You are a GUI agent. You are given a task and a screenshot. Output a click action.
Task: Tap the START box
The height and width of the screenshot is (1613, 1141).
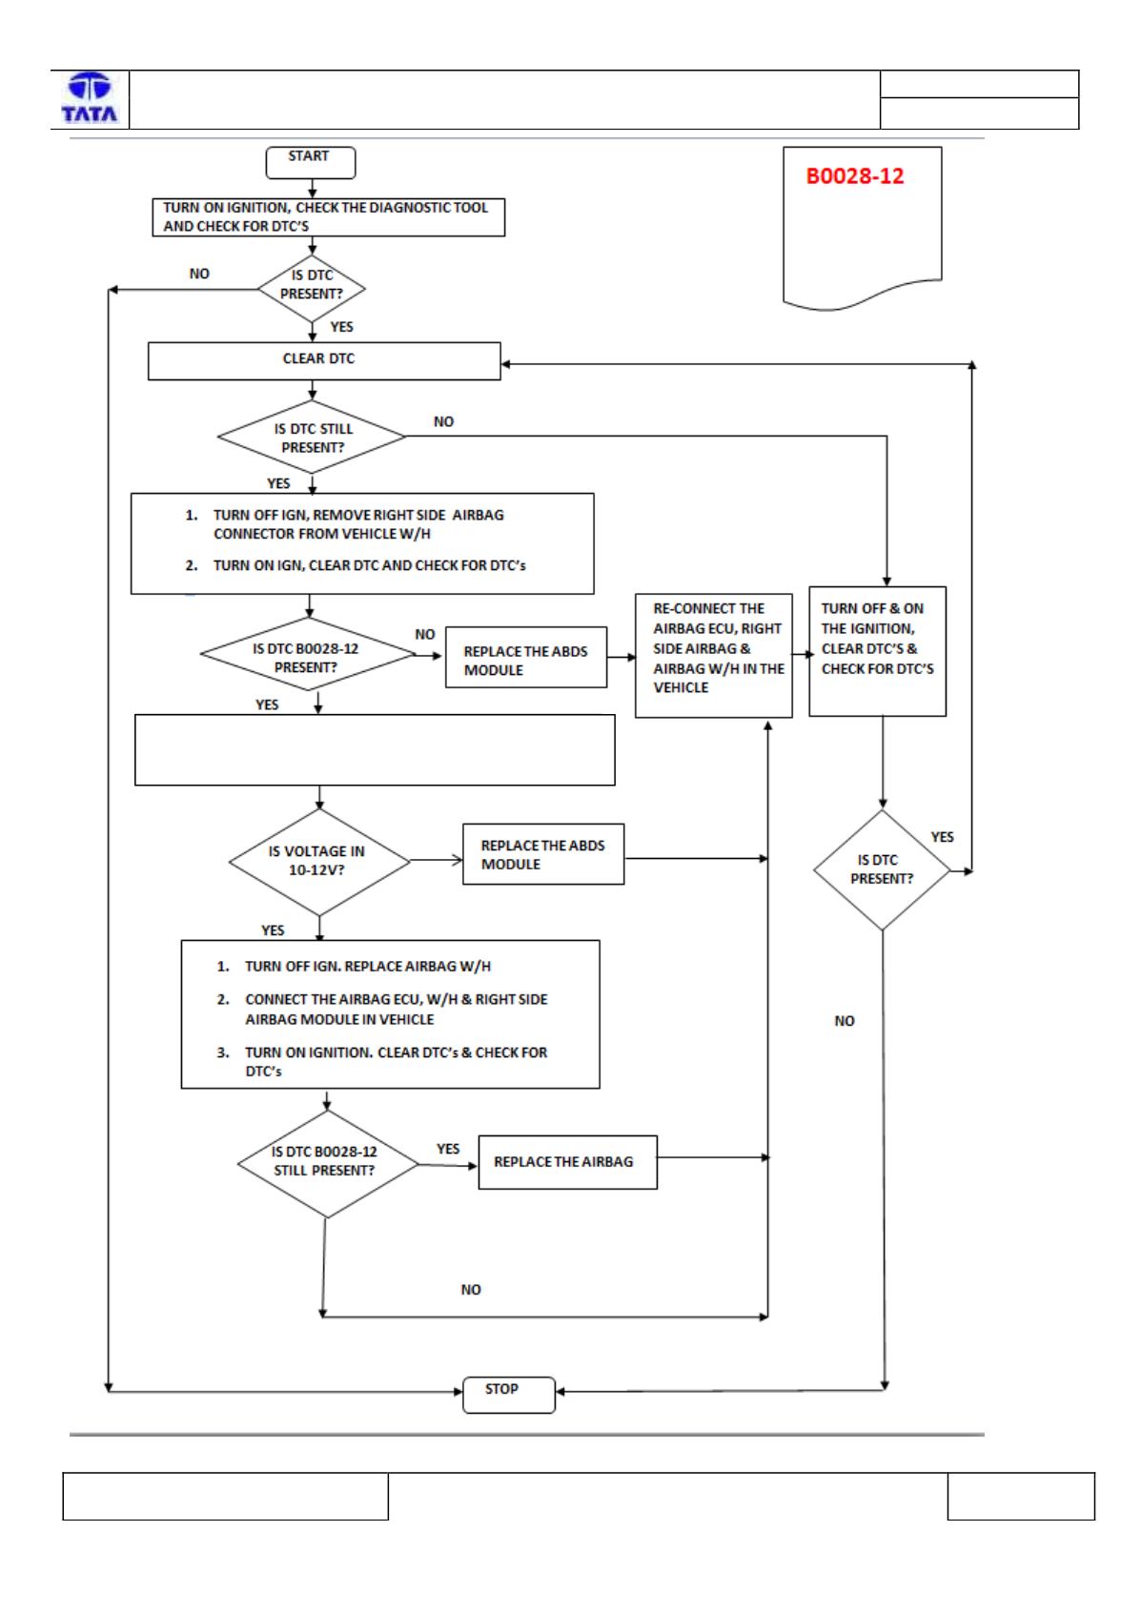[310, 162]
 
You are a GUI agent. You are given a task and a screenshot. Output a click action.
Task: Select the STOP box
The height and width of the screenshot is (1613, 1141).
[508, 1394]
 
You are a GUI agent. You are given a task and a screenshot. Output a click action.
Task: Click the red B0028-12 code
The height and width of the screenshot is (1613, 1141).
[854, 176]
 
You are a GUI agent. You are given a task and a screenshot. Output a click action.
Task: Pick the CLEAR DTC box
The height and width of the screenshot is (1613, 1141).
[324, 360]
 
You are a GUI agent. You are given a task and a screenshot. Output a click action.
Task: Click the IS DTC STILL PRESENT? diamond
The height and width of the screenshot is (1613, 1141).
[312, 438]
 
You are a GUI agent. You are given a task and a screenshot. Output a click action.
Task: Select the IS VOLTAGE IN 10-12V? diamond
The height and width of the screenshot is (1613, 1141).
[319, 861]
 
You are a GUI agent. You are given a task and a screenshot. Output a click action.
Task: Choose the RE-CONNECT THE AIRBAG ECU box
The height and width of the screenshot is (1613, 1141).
[713, 655]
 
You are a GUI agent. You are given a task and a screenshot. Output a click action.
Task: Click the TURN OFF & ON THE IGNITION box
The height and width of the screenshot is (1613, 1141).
[877, 651]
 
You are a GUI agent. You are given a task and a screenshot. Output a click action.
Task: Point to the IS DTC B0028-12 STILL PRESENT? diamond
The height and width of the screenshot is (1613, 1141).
[328, 1164]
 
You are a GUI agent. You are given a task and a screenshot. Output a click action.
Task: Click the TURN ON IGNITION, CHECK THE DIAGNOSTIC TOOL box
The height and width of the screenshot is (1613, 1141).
[328, 217]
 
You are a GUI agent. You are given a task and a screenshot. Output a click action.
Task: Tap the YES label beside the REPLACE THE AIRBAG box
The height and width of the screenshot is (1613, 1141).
[448, 1149]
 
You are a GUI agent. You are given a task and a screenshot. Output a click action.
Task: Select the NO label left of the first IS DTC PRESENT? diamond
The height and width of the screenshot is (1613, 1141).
[199, 274]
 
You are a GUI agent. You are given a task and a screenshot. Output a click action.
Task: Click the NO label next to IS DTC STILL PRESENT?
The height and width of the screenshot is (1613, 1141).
[443, 421]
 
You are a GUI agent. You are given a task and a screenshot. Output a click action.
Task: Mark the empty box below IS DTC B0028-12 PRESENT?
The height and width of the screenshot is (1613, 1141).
[375, 749]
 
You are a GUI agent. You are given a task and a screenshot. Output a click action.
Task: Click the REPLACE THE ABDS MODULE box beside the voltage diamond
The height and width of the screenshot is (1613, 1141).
[542, 854]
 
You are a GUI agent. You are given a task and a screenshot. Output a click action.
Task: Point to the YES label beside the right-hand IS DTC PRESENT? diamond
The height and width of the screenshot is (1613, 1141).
[942, 837]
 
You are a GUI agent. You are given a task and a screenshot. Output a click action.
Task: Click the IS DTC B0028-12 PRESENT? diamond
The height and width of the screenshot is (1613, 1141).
[308, 654]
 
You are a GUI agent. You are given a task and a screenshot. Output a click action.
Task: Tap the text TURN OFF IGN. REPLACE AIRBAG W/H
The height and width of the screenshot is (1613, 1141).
[368, 967]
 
